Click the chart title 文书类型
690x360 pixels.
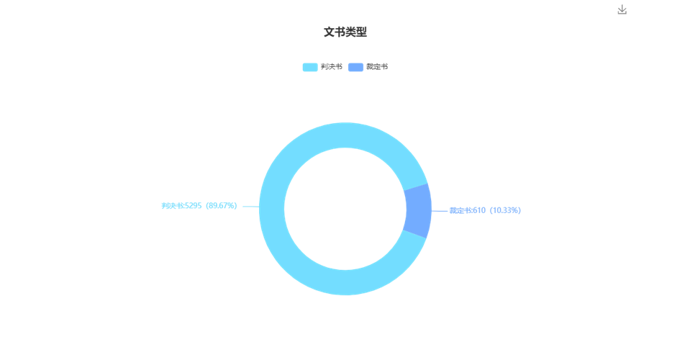point(345,32)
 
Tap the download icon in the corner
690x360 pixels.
point(622,9)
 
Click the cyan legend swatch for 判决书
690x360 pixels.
point(310,67)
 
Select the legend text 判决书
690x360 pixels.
point(332,67)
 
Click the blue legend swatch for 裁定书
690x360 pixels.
point(355,67)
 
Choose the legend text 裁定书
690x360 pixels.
point(377,67)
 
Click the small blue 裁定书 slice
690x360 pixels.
point(417,210)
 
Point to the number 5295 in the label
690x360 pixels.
point(193,205)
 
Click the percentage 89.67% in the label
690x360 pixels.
point(222,205)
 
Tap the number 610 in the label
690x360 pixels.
point(479,210)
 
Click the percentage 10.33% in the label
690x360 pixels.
point(505,210)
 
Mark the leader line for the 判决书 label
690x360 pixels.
point(251,207)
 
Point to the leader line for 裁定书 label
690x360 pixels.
point(439,211)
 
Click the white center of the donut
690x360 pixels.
point(345,209)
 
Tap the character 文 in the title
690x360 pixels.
point(329,32)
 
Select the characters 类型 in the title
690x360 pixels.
point(356,32)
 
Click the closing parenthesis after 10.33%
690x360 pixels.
point(519,210)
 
